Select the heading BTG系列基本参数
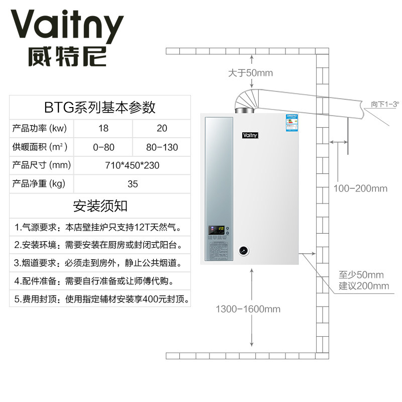tap(99, 107)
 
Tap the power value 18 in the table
tap(103, 129)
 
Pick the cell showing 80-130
tap(162, 147)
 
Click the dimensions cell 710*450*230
tap(132, 165)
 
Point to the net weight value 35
tap(132, 184)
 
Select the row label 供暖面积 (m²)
tap(40, 147)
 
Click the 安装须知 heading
tap(100, 206)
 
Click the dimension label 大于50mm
tap(250, 73)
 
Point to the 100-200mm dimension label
tap(361, 188)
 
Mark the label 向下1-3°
tap(384, 104)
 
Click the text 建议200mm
tap(364, 286)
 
